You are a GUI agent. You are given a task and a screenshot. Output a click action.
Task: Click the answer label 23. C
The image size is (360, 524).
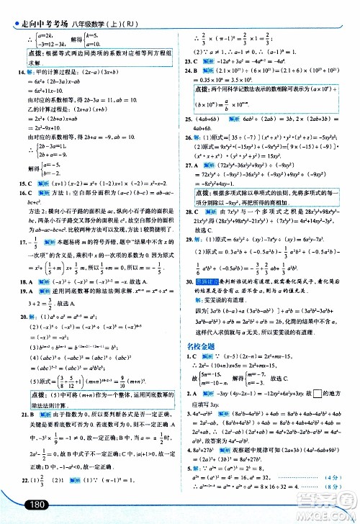pyautogui.click(x=189, y=62)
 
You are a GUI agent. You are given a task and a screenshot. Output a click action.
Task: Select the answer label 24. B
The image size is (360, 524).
pyautogui.click(x=189, y=74)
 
